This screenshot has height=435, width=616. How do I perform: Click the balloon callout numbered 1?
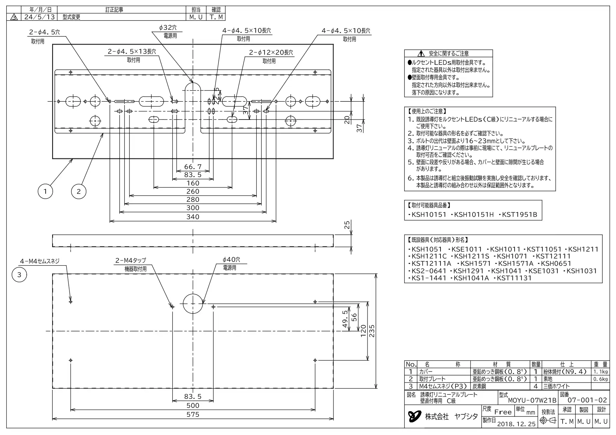coord(45,191)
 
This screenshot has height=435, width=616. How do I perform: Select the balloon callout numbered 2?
coord(79,191)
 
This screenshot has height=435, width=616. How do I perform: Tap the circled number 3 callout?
coord(19,275)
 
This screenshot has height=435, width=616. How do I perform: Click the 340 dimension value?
coord(193,217)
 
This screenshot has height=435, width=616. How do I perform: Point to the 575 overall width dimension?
coord(193,414)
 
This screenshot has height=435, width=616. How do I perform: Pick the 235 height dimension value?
coord(372,331)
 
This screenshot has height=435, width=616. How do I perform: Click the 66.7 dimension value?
coord(193,167)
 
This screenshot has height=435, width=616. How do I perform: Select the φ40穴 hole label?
coord(231,260)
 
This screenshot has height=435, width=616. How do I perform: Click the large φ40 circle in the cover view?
coord(193,303)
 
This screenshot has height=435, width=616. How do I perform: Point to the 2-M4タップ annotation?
coord(131,260)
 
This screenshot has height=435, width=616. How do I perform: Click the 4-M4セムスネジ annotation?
coord(40,261)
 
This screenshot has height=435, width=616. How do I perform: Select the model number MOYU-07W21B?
coord(532,400)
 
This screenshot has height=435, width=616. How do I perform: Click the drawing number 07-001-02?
coord(587,400)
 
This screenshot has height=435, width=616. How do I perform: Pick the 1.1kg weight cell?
coord(601,372)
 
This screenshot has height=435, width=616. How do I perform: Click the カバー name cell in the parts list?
coord(426,372)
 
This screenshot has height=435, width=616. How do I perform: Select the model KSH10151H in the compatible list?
coord(474,215)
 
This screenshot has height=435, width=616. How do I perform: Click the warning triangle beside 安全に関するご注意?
coord(421,54)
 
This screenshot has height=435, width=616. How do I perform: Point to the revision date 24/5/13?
coord(38,17)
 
